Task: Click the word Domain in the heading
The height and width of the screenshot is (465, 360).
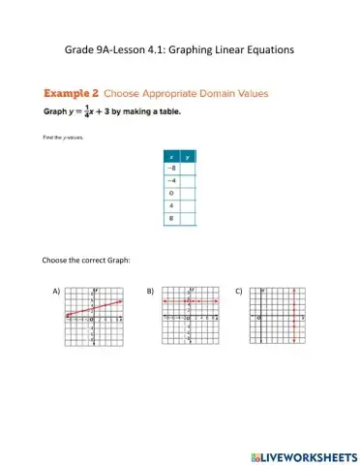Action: (212, 94)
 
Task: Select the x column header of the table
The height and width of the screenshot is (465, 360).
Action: (172, 156)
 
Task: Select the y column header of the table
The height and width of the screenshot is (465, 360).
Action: (189, 156)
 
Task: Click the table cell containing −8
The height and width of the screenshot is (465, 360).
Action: (172, 168)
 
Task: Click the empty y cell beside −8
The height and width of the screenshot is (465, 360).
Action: (189, 168)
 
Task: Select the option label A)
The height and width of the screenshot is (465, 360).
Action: (56, 291)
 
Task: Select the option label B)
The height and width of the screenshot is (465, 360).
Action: (150, 291)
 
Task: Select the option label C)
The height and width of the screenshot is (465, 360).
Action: (239, 291)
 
